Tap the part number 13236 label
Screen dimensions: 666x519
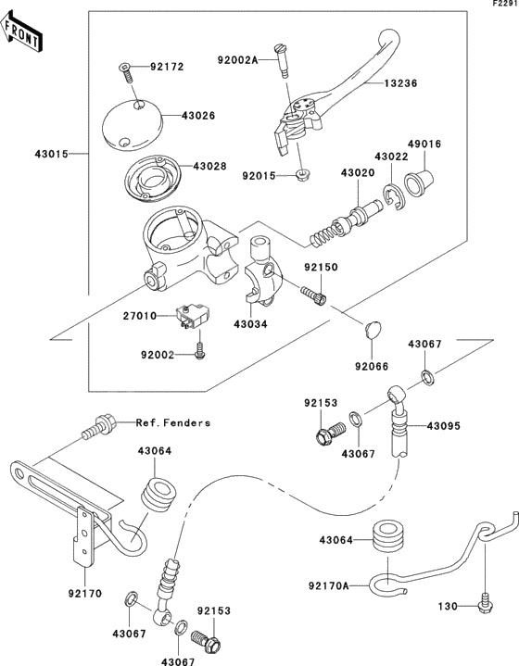pyautogui.click(x=401, y=83)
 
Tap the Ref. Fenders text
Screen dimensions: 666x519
pyautogui.click(x=173, y=422)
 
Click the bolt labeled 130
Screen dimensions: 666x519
pyautogui.click(x=483, y=606)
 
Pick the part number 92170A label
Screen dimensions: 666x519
pyautogui.click(x=328, y=586)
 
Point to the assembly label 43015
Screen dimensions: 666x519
pyautogui.click(x=54, y=153)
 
